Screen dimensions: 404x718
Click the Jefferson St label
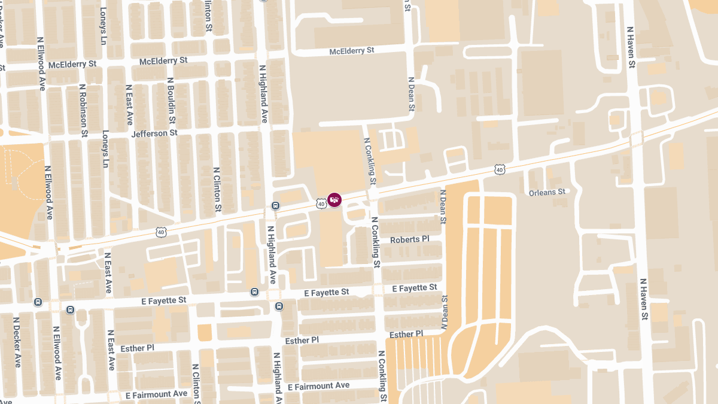click(154, 133)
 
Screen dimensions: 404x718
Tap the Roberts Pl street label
click(410, 239)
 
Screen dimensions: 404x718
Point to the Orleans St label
click(547, 192)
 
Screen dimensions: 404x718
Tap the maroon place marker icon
click(334, 200)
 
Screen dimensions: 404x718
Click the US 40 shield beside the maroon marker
click(321, 203)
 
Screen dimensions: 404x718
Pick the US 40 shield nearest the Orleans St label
click(500, 169)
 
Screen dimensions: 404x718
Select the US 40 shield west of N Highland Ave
click(160, 231)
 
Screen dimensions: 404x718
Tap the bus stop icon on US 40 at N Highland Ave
click(275, 206)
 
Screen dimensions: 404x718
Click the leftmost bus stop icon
click(38, 302)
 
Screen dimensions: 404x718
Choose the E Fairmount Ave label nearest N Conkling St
click(318, 386)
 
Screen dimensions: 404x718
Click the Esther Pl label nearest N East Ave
click(137, 348)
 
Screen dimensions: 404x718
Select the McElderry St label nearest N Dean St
click(352, 51)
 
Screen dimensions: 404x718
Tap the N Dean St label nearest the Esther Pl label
click(444, 312)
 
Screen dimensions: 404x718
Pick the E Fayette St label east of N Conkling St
click(415, 288)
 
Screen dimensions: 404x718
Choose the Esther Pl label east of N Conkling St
click(406, 334)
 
